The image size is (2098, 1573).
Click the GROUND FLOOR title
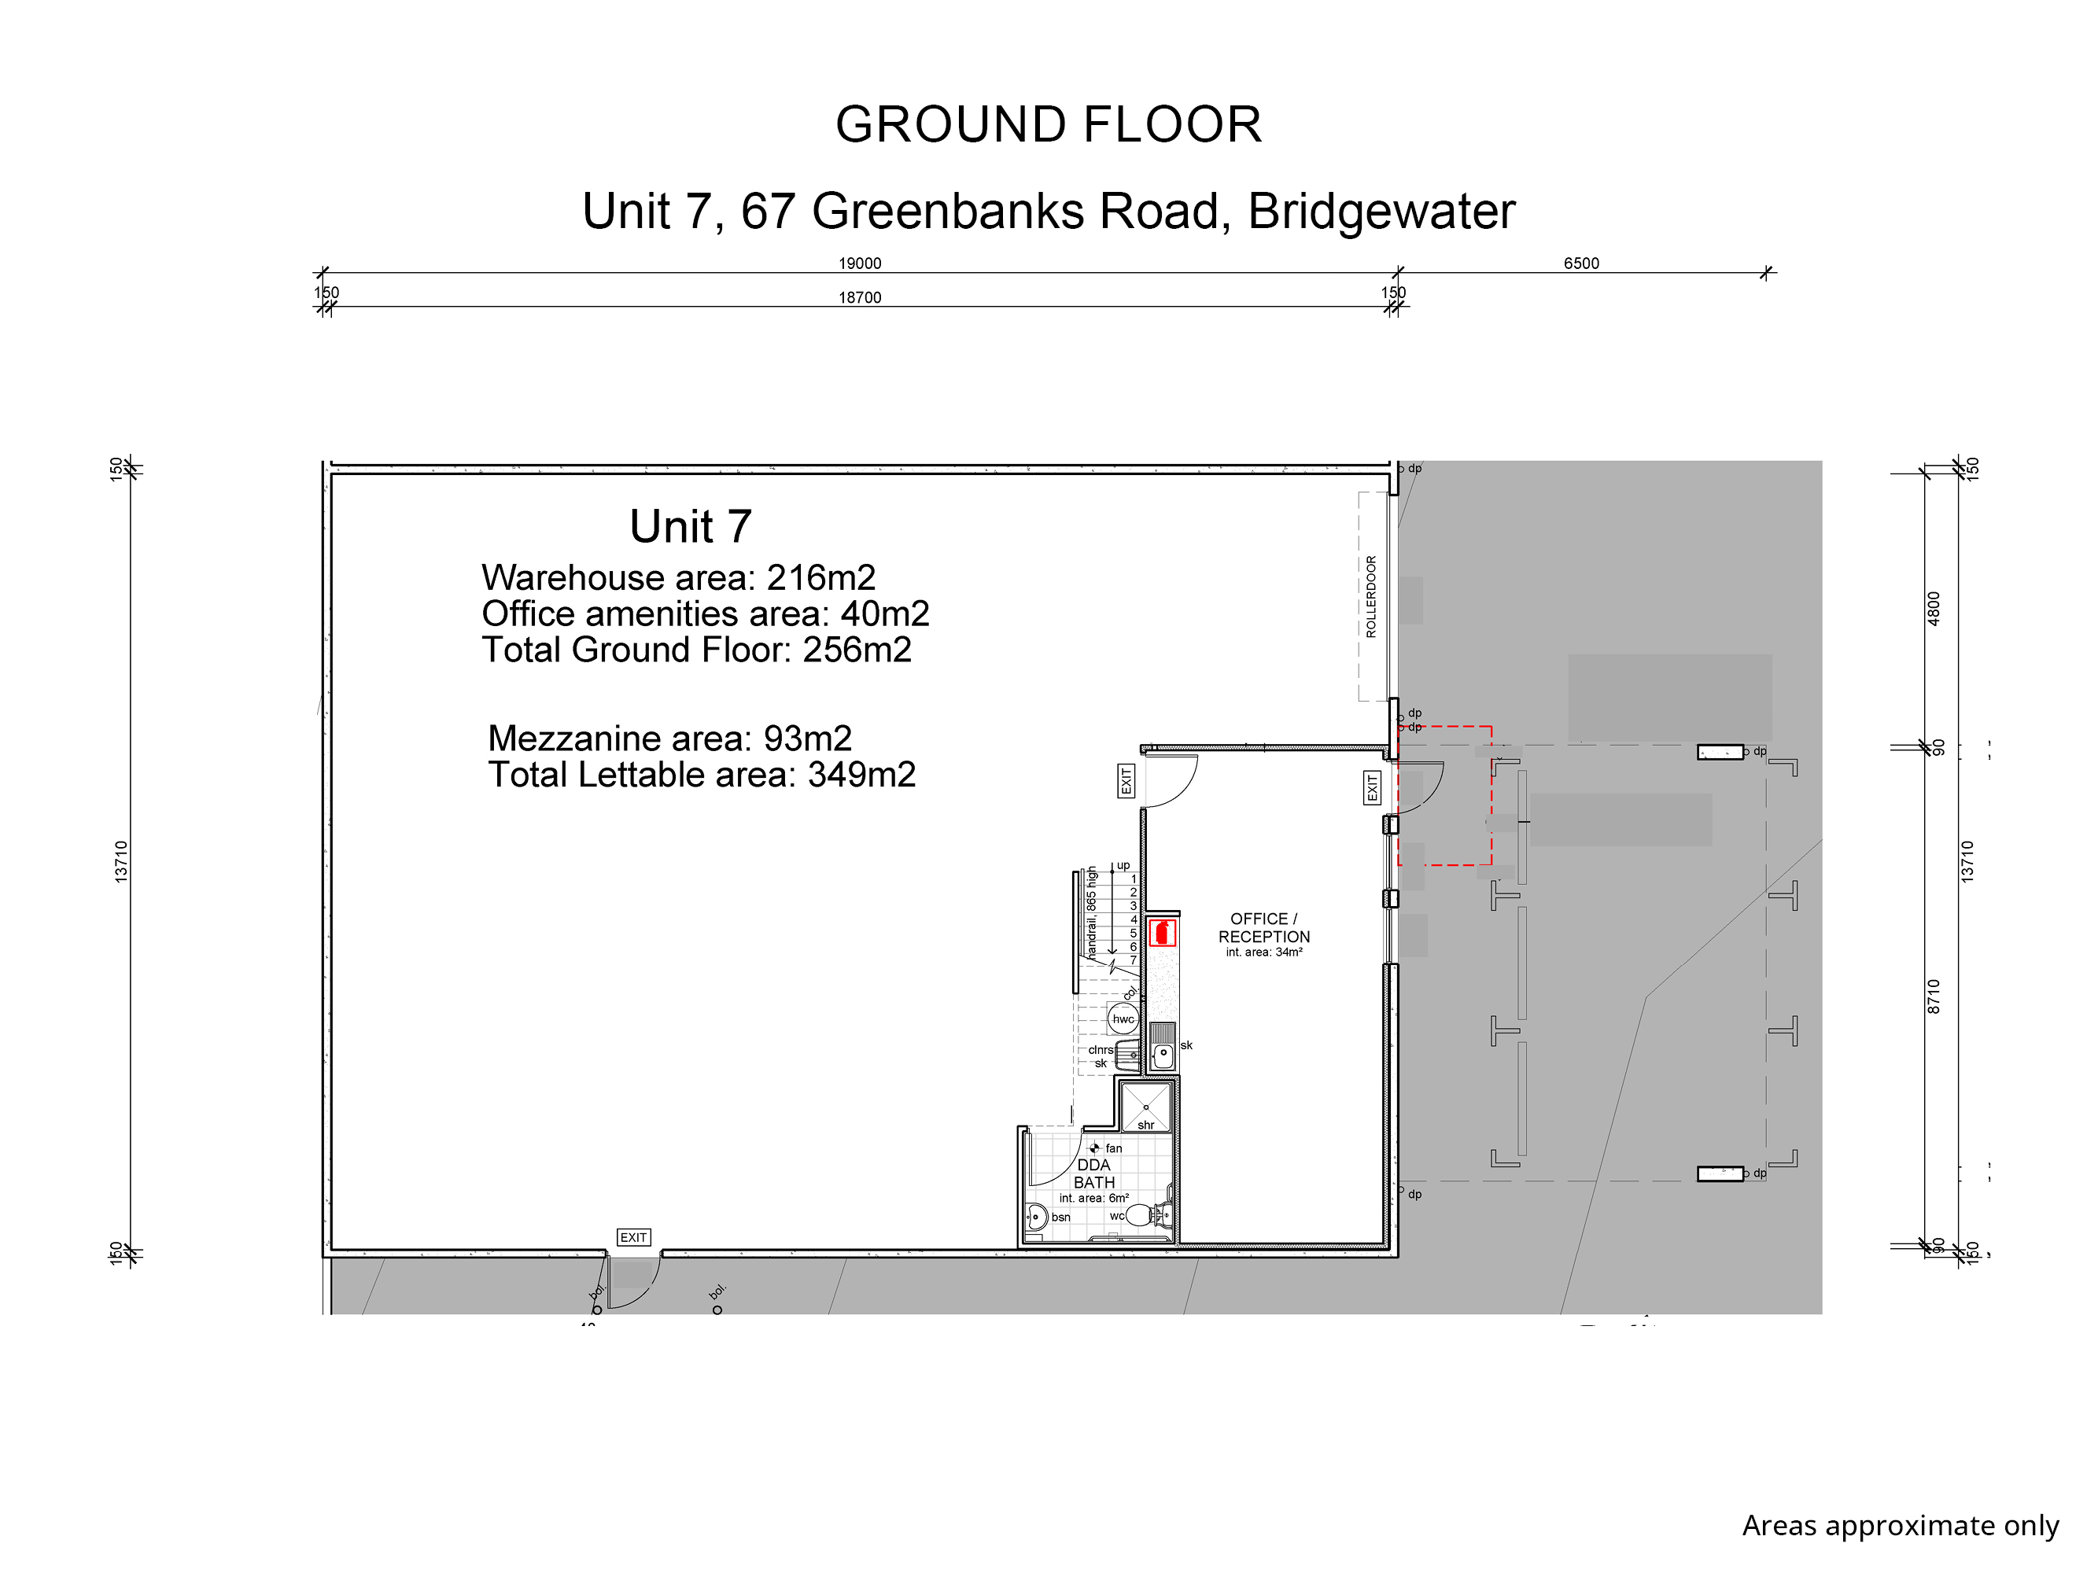click(1048, 124)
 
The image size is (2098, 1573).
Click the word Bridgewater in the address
click(1381, 212)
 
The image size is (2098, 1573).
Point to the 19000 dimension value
click(859, 263)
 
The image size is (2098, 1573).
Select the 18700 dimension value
click(859, 298)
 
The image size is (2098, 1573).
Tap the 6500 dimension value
click(1581, 263)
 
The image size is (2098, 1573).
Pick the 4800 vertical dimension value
click(1934, 608)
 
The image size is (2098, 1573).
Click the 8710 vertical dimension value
click(1934, 996)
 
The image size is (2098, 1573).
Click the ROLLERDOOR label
click(1370, 596)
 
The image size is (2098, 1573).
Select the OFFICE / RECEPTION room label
click(1264, 927)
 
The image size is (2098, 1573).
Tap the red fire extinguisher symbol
click(1162, 932)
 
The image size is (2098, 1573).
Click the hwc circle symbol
click(1123, 1019)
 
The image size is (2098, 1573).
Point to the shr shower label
click(1145, 1125)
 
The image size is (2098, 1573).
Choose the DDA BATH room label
click(1093, 1173)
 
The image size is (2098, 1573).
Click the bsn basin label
click(1060, 1218)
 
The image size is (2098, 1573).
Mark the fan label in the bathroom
click(1113, 1148)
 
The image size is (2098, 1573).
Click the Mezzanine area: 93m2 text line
click(669, 739)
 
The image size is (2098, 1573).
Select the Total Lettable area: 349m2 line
click(702, 775)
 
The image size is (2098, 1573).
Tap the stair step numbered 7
click(1133, 960)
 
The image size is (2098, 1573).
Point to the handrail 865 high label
click(1092, 912)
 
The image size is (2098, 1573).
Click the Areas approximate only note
click(1901, 1526)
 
